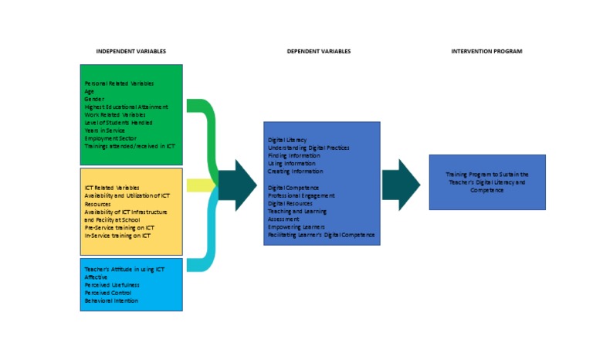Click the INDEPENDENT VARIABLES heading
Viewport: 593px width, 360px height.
coord(130,52)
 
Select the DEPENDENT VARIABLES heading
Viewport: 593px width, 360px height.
coord(318,52)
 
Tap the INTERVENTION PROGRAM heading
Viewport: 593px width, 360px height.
coord(486,52)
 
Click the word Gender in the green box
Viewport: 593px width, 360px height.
coord(94,99)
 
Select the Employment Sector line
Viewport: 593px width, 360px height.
coord(110,138)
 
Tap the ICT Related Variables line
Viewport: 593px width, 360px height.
coord(112,188)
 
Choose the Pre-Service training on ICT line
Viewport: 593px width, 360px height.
coord(119,228)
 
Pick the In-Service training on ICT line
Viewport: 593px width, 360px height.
coord(117,236)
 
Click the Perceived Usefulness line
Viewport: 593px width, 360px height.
coord(112,284)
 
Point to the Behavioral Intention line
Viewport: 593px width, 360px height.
coord(111,301)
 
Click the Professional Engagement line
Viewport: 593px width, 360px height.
coord(301,195)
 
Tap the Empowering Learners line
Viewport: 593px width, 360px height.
coord(297,227)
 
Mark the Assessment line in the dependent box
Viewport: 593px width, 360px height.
coord(283,219)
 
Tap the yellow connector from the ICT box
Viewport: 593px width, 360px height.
coord(199,185)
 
